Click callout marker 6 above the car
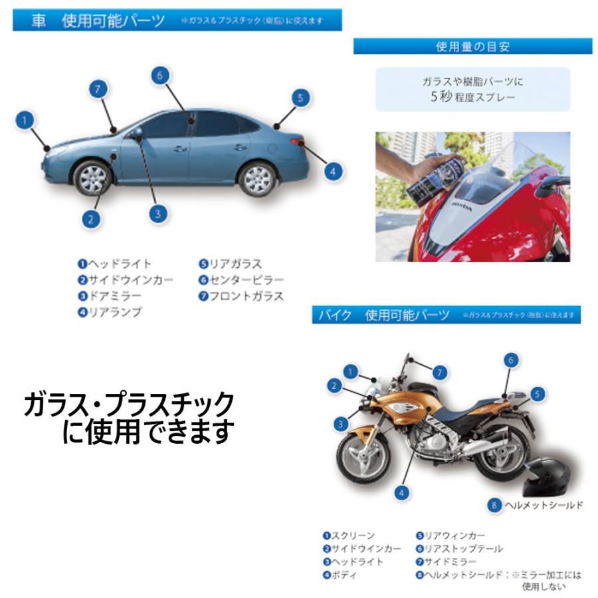click(x=157, y=75)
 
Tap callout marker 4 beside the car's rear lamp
click(x=334, y=171)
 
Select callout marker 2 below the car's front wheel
click(x=92, y=218)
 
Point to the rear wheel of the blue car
click(x=257, y=178)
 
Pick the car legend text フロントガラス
click(x=246, y=296)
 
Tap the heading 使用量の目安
click(x=472, y=47)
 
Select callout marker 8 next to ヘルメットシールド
click(x=494, y=506)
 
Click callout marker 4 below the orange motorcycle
click(x=401, y=492)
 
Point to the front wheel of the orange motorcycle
click(x=363, y=458)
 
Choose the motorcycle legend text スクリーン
click(x=353, y=536)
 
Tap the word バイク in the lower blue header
click(x=334, y=315)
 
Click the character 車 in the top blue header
click(x=39, y=21)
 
